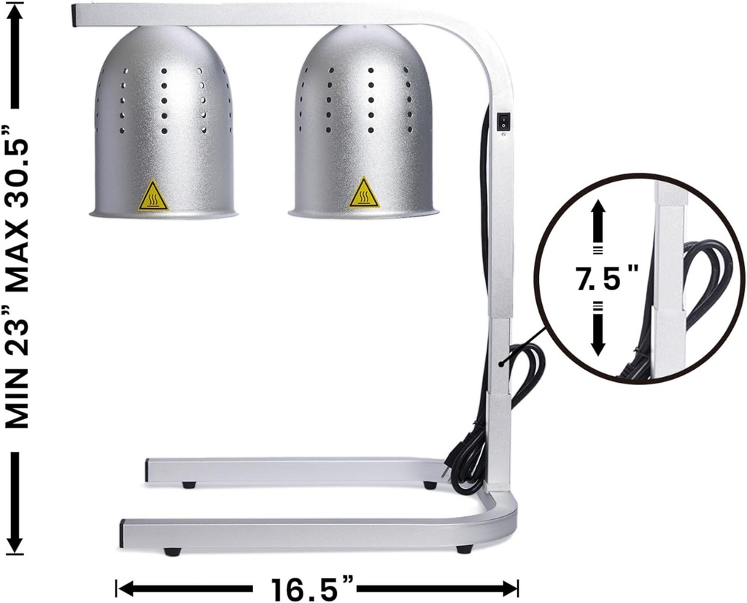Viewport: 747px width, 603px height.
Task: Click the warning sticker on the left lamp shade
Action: coord(153,195)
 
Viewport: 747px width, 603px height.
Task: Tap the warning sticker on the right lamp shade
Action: coord(363,192)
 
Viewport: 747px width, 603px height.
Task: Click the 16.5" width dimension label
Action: coord(314,588)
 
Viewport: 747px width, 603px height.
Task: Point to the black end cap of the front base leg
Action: coord(122,534)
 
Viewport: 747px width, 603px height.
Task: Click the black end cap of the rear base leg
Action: coord(147,470)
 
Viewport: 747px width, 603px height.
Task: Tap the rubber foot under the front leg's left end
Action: coord(172,552)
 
